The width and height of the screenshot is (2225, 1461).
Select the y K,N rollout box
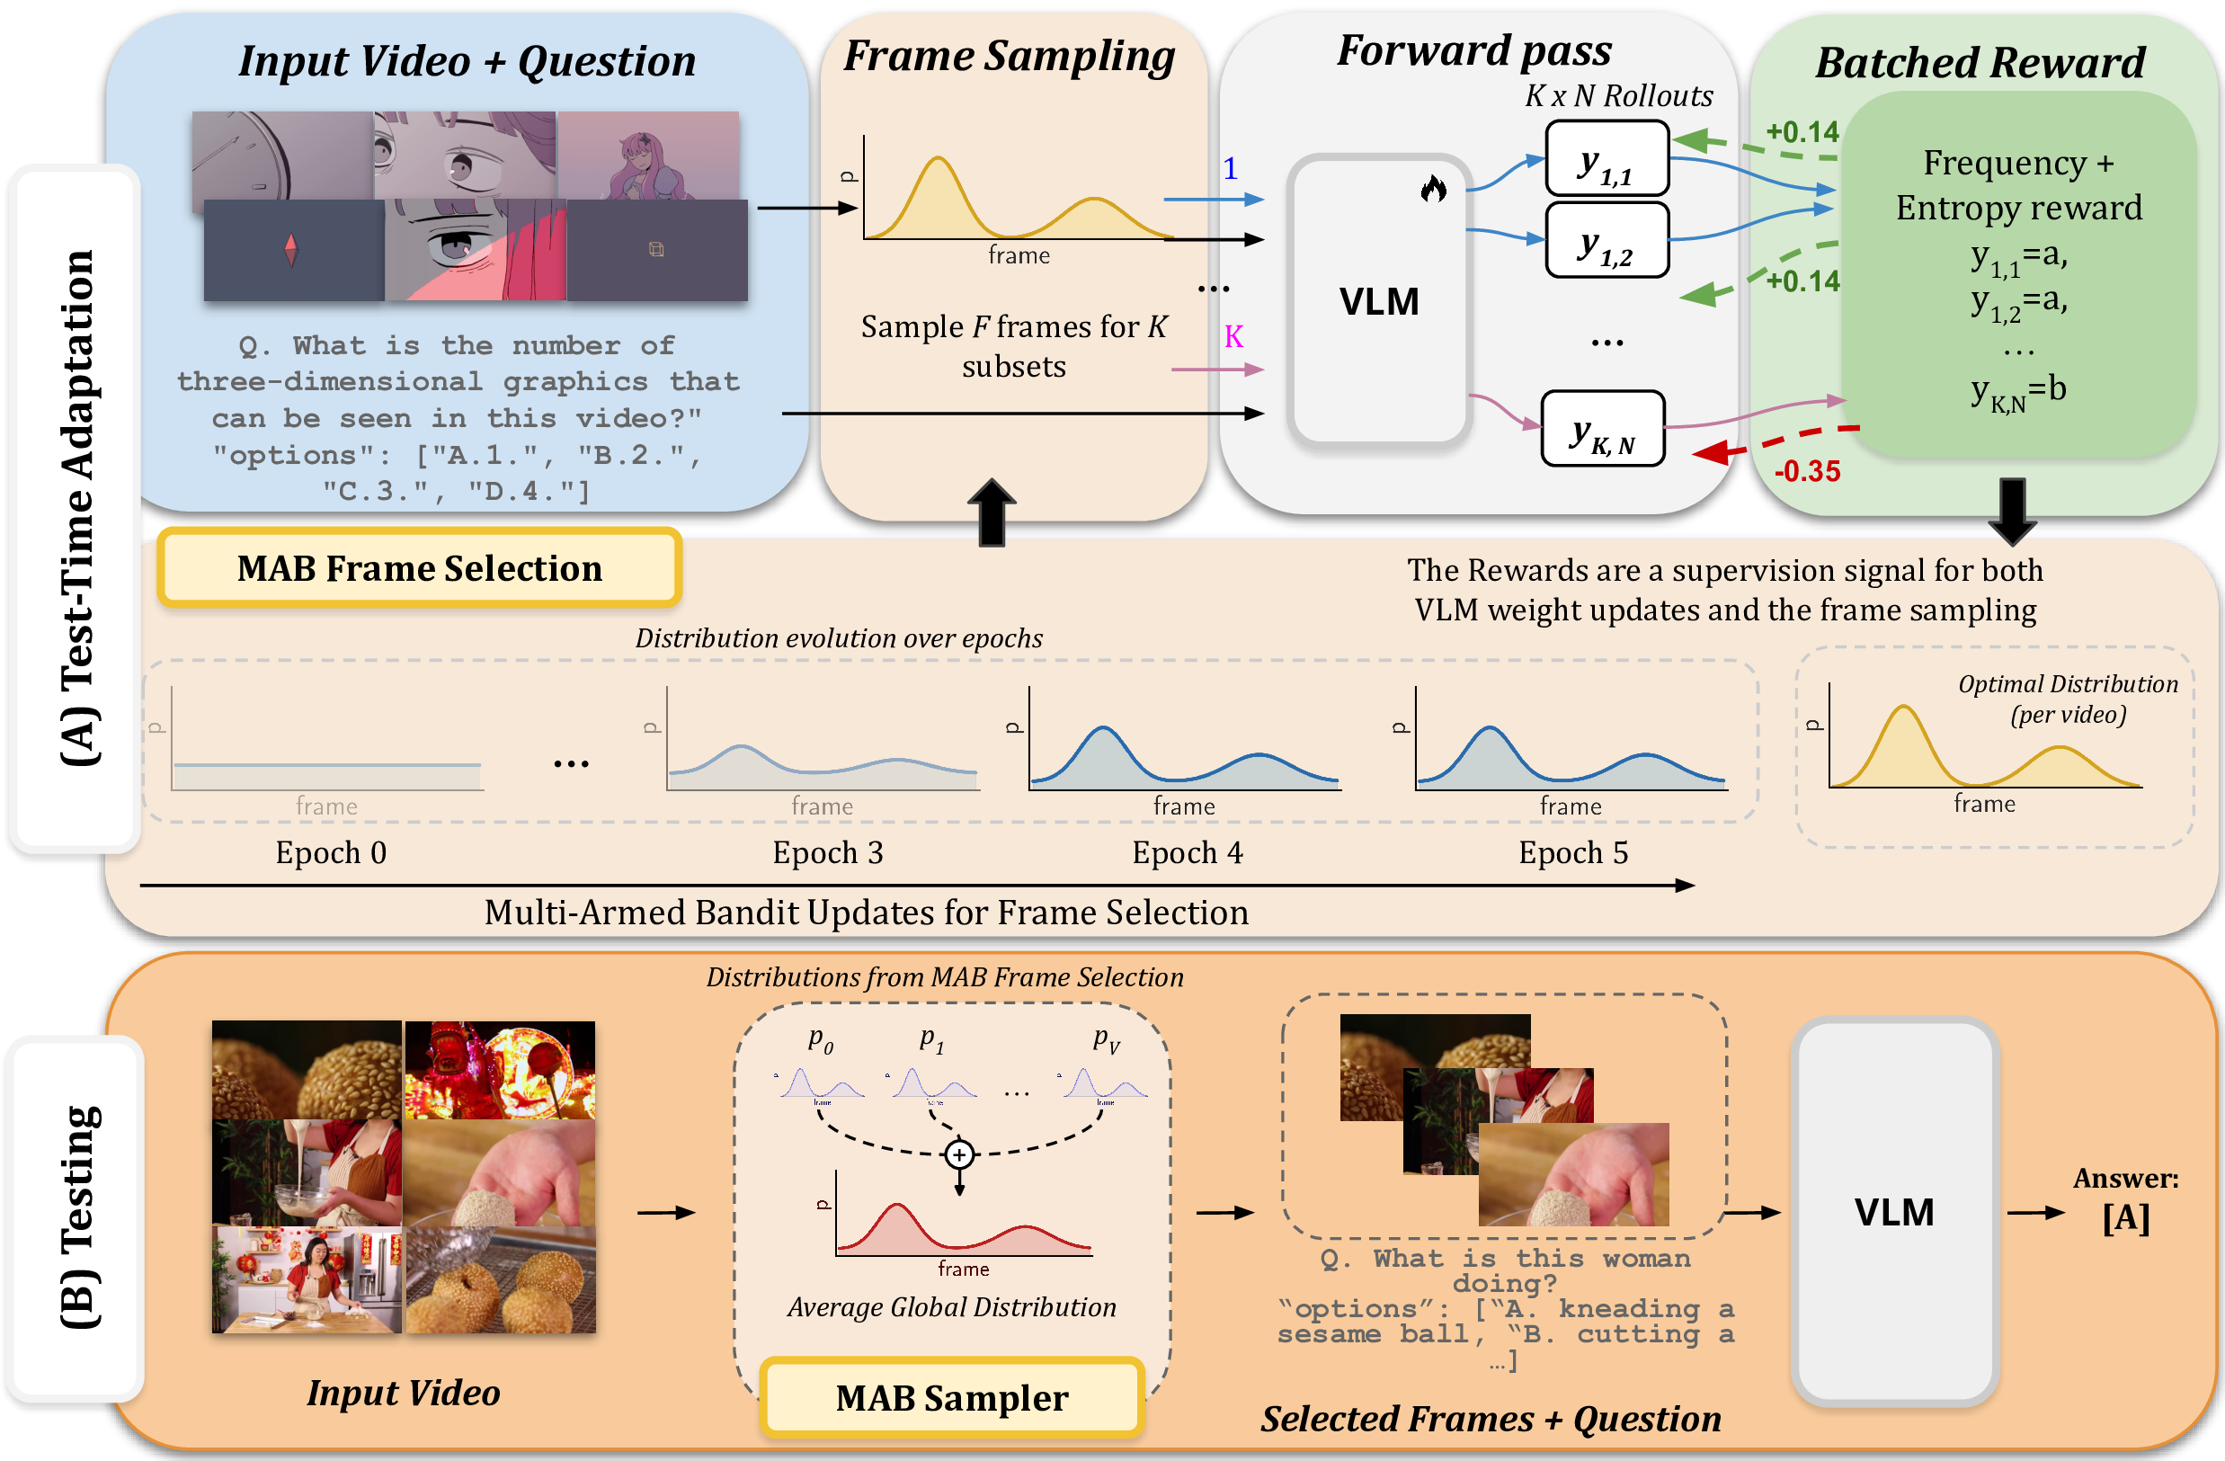pos(1602,428)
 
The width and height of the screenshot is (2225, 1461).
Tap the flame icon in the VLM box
pos(1433,190)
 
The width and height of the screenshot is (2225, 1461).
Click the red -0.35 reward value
pos(1806,471)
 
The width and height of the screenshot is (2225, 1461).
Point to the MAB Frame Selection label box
pos(419,567)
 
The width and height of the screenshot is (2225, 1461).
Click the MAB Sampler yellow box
pos(952,1397)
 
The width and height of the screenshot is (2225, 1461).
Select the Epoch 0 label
pos(331,852)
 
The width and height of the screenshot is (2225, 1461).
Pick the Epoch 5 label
pos(1572,852)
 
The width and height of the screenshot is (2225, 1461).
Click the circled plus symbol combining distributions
pos(959,1154)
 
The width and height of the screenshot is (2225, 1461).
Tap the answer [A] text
pos(2125,1218)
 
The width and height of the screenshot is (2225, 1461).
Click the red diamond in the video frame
pos(290,250)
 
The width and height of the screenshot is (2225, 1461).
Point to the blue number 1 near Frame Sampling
pos(1231,168)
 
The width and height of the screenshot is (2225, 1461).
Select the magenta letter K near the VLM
pos(1234,336)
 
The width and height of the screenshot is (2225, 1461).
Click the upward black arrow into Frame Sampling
pos(991,512)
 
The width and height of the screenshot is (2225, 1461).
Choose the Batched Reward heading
pos(1980,63)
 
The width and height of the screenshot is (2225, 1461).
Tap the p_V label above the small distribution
pos(1106,1039)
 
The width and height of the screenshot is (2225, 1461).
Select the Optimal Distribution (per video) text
pos(2067,699)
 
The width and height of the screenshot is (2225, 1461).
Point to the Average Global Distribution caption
pos(952,1306)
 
